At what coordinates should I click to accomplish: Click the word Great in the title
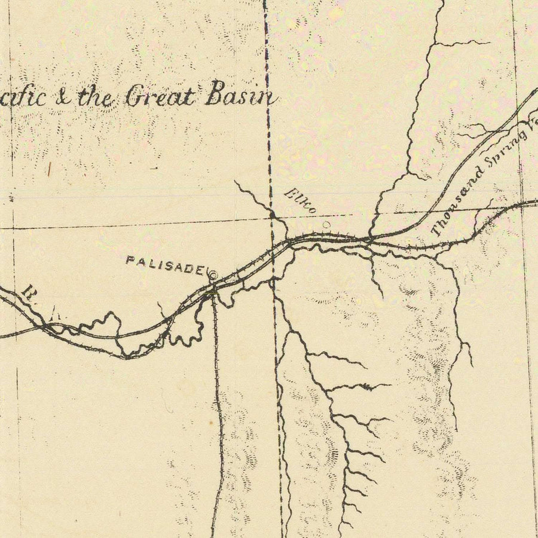click(161, 96)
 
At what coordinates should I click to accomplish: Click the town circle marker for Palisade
click(212, 276)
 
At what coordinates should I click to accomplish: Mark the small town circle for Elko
click(326, 225)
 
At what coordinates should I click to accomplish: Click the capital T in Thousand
click(437, 230)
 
